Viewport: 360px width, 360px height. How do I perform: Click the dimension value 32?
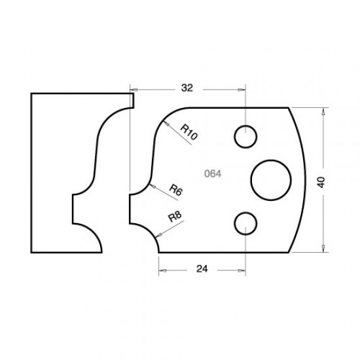[187, 86]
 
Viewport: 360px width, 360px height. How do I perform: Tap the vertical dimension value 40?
[321, 181]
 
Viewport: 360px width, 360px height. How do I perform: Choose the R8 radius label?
[174, 218]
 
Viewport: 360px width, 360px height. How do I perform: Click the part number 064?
[212, 174]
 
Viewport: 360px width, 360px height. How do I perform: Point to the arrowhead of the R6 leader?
[151, 185]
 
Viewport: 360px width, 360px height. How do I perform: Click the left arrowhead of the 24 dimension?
[161, 267]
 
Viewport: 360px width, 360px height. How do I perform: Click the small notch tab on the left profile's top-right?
[132, 100]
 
